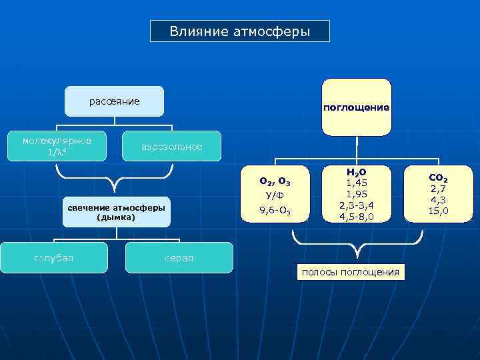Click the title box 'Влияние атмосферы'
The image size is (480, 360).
pyautogui.click(x=239, y=31)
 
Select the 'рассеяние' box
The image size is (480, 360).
pyautogui.click(x=114, y=101)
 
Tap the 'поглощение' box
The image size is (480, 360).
pyautogui.click(x=356, y=107)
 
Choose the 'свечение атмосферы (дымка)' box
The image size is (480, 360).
pyautogui.click(x=116, y=212)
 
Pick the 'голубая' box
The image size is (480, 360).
pyautogui.click(x=54, y=258)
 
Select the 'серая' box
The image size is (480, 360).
pyautogui.click(x=179, y=258)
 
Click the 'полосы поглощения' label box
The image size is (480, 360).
pyautogui.click(x=351, y=272)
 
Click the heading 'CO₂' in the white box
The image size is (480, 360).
pyautogui.click(x=439, y=179)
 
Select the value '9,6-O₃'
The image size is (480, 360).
pyautogui.click(x=275, y=212)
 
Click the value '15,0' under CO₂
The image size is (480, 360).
pyautogui.click(x=439, y=211)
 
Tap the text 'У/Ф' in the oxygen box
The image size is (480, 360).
pyautogui.click(x=275, y=195)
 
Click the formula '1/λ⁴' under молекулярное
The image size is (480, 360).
pyautogui.click(x=57, y=153)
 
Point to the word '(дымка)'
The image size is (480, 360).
pyautogui.click(x=116, y=217)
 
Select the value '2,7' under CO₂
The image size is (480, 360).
pyautogui.click(x=439, y=189)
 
